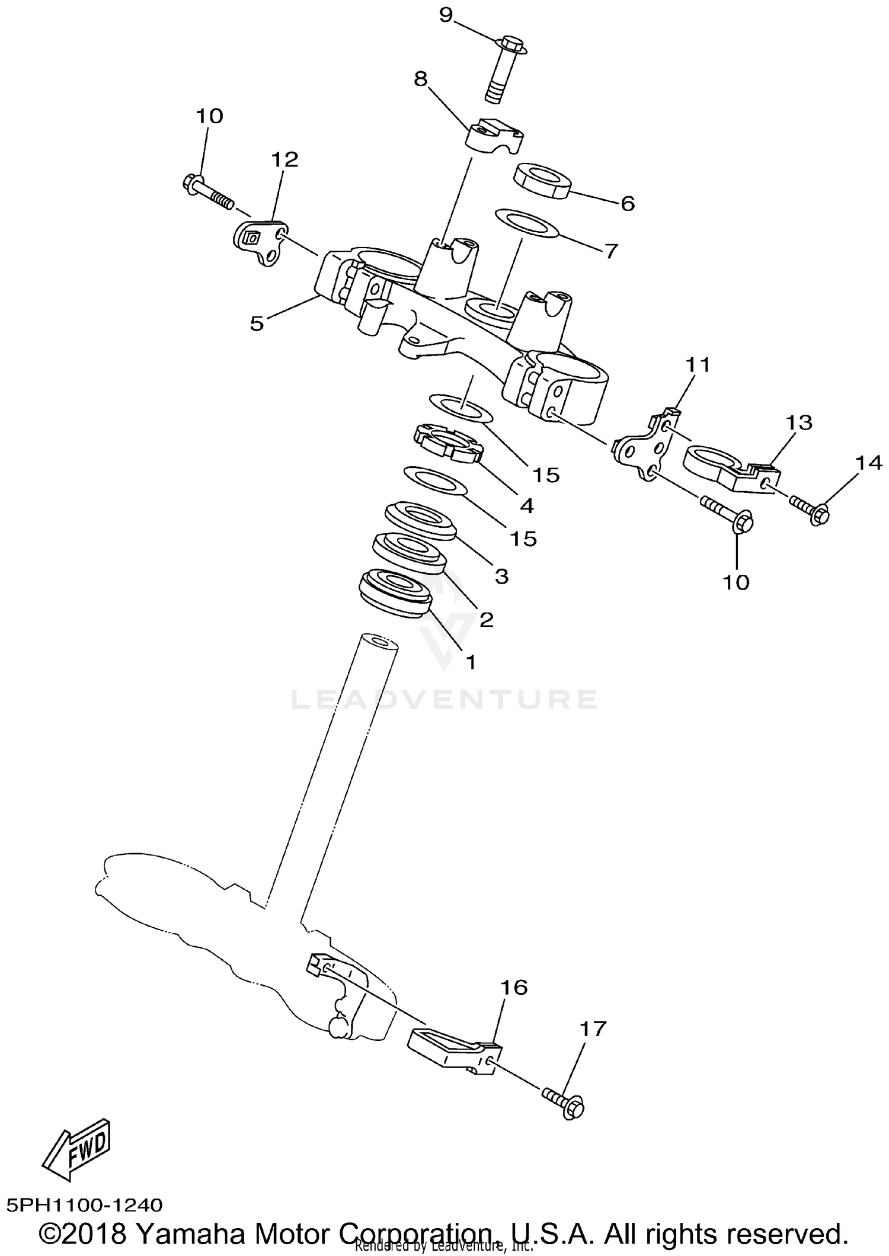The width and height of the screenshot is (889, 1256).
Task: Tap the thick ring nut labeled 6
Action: click(x=541, y=180)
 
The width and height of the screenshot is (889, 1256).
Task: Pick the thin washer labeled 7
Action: click(x=526, y=223)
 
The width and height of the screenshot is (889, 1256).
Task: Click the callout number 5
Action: click(x=256, y=323)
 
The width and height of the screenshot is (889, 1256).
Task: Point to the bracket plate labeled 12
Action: click(x=260, y=241)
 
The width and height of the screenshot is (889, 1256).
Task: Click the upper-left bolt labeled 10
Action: click(x=205, y=190)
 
